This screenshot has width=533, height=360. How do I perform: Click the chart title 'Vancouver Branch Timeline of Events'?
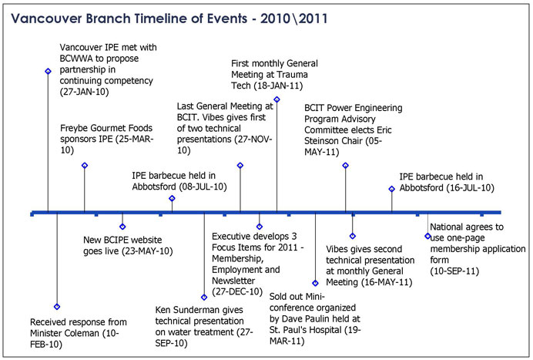pyautogui.click(x=129, y=19)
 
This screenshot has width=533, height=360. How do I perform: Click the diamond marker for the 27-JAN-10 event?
pyautogui.click(x=48, y=71)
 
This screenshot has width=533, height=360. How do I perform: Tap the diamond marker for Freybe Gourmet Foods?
pyautogui.click(x=85, y=166)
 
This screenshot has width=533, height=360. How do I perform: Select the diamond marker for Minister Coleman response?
pyautogui.click(x=57, y=307)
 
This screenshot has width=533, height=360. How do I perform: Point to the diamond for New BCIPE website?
pyautogui.click(x=122, y=227)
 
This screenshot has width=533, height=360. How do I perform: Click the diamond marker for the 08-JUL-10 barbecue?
pyautogui.click(x=172, y=198)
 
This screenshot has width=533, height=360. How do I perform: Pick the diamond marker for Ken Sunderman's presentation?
pyautogui.click(x=204, y=298)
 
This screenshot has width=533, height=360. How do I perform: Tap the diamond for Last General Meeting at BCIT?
pyautogui.click(x=240, y=166)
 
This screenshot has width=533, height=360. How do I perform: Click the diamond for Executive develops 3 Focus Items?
pyautogui.click(x=260, y=227)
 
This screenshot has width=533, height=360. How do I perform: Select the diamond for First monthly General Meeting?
pyautogui.click(x=277, y=99)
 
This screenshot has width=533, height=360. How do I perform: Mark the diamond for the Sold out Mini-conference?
pyautogui.click(x=315, y=283)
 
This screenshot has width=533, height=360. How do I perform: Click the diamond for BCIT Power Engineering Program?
pyautogui.click(x=345, y=166)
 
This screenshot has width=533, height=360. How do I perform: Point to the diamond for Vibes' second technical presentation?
pyautogui.click(x=353, y=236)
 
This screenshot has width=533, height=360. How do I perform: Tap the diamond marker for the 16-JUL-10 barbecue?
pyautogui.click(x=391, y=189)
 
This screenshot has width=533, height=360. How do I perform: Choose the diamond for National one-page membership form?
pyautogui.click(x=427, y=236)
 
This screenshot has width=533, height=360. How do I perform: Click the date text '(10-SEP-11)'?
pyautogui.click(x=454, y=271)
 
